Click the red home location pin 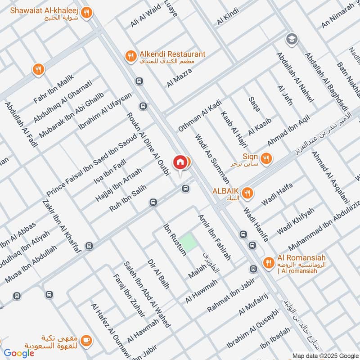(180, 162)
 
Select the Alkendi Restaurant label (172, 54)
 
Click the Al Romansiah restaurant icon (268, 262)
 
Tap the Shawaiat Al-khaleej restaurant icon (89, 13)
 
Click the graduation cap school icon (292, 39)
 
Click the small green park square (189, 243)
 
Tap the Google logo (19, 353)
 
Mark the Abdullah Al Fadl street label (21, 124)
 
